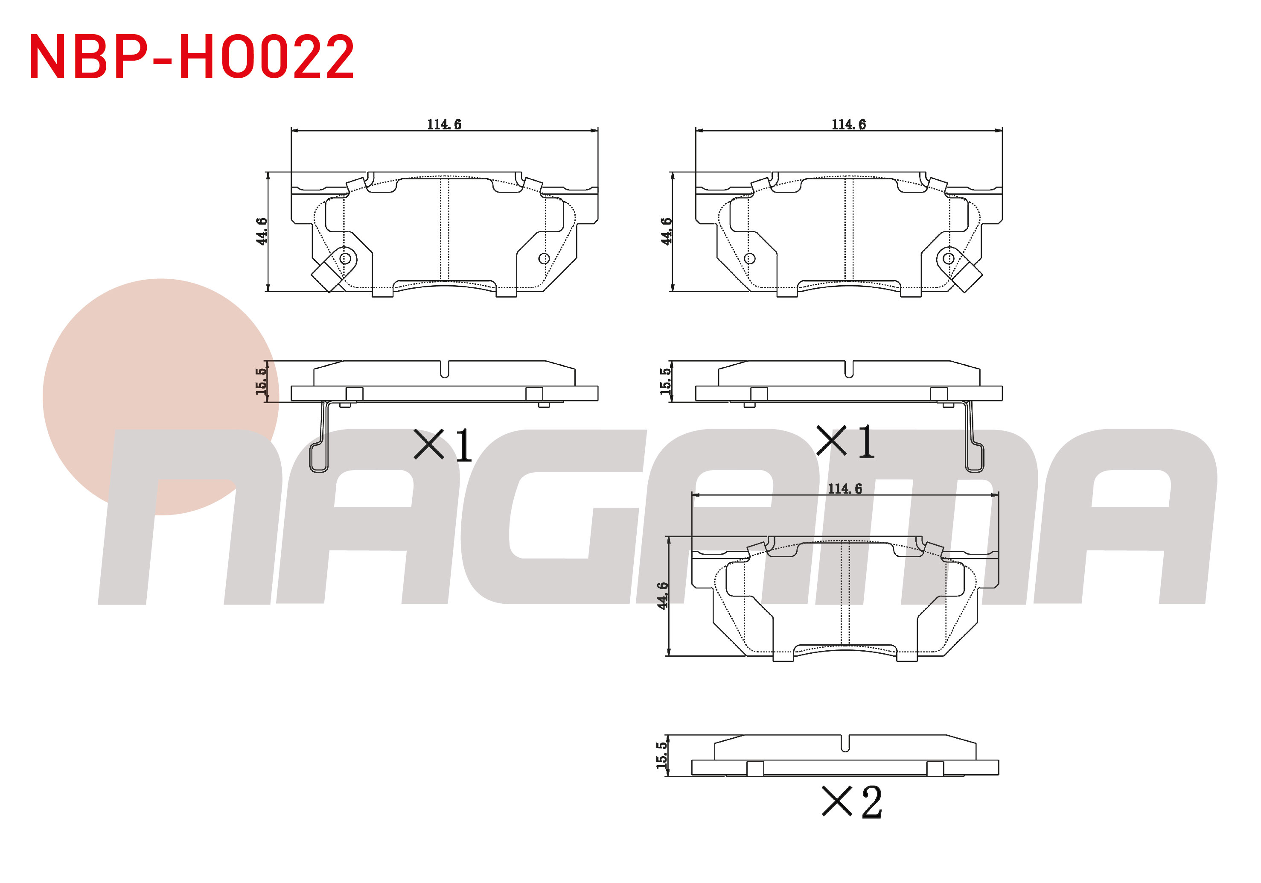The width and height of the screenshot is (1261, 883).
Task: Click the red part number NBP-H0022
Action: coord(192,57)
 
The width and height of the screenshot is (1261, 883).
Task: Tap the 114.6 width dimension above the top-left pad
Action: coord(444,125)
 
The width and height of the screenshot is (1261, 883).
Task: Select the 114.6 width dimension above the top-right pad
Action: coord(848,125)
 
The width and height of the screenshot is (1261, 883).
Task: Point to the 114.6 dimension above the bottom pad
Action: coord(845,488)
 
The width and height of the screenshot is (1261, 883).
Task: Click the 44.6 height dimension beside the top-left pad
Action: coord(262,231)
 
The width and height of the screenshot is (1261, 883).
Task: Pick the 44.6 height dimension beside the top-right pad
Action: coord(666,231)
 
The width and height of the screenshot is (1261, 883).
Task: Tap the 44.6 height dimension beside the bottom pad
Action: coord(663,596)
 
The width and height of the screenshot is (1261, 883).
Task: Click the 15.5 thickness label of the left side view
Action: coord(261,381)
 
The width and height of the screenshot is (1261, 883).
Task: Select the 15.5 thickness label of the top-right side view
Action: coord(666,381)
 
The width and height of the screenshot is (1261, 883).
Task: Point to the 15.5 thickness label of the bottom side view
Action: coord(662,755)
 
